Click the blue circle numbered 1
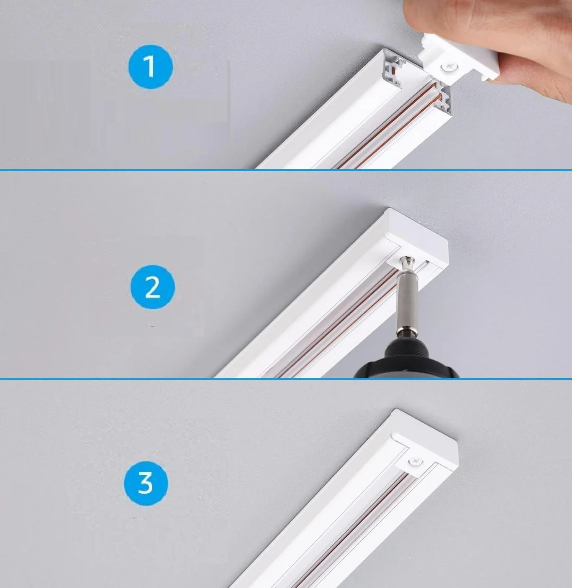pos(151,67)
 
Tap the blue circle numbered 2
pos(152,287)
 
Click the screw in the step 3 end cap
pos(415,461)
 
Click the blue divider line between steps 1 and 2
pos(286,170)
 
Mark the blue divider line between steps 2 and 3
pos(286,379)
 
